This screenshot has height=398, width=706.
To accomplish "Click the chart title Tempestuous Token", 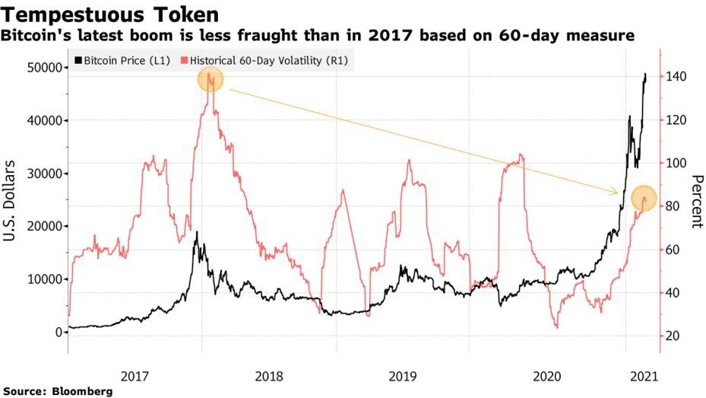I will coord(112,14).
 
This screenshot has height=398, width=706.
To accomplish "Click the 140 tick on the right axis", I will coord(678,77).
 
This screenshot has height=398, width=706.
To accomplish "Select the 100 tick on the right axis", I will coord(678,164).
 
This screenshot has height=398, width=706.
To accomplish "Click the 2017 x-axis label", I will coord(135,375).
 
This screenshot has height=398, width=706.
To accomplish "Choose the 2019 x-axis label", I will coord(402,375).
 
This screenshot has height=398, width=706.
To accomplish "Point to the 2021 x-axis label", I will coord(644,375).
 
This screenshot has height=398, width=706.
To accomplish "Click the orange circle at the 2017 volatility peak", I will coord(211,79).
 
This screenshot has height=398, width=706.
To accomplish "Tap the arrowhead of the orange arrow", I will coord(616,193).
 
